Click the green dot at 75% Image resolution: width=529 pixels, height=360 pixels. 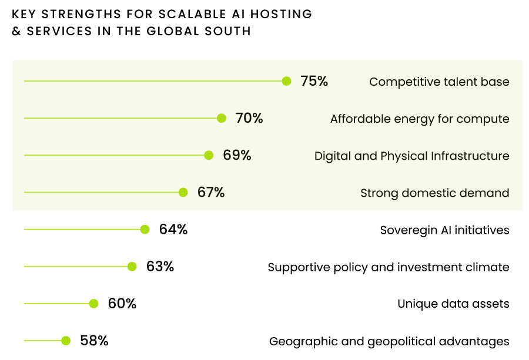pyautogui.click(x=286, y=81)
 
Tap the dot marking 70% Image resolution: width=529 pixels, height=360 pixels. pyautogui.click(x=222, y=118)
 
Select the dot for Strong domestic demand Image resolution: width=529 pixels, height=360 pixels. pyautogui.click(x=183, y=192)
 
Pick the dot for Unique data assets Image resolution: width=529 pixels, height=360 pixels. pyautogui.click(x=93, y=304)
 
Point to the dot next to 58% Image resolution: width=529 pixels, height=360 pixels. pyautogui.click(x=66, y=341)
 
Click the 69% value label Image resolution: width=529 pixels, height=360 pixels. pyautogui.click(x=237, y=156)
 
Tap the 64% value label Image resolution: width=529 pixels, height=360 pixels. pyautogui.click(x=173, y=230)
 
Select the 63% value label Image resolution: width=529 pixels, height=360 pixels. pyautogui.click(x=160, y=267)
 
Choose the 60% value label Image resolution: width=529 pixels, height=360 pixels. pyautogui.click(x=122, y=304)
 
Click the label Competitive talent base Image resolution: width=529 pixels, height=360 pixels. pyautogui.click(x=439, y=82)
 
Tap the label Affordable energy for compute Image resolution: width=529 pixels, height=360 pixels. pyautogui.click(x=420, y=119)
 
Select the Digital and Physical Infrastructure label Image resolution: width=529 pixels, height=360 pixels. pyautogui.click(x=411, y=156)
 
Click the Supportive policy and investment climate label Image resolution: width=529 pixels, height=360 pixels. pyautogui.click(x=389, y=267)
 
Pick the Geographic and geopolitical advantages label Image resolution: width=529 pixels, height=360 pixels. pyautogui.click(x=389, y=341)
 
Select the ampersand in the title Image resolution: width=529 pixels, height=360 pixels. pyautogui.click(x=16, y=31)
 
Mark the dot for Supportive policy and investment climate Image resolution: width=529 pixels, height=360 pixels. pyautogui.click(x=132, y=267)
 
